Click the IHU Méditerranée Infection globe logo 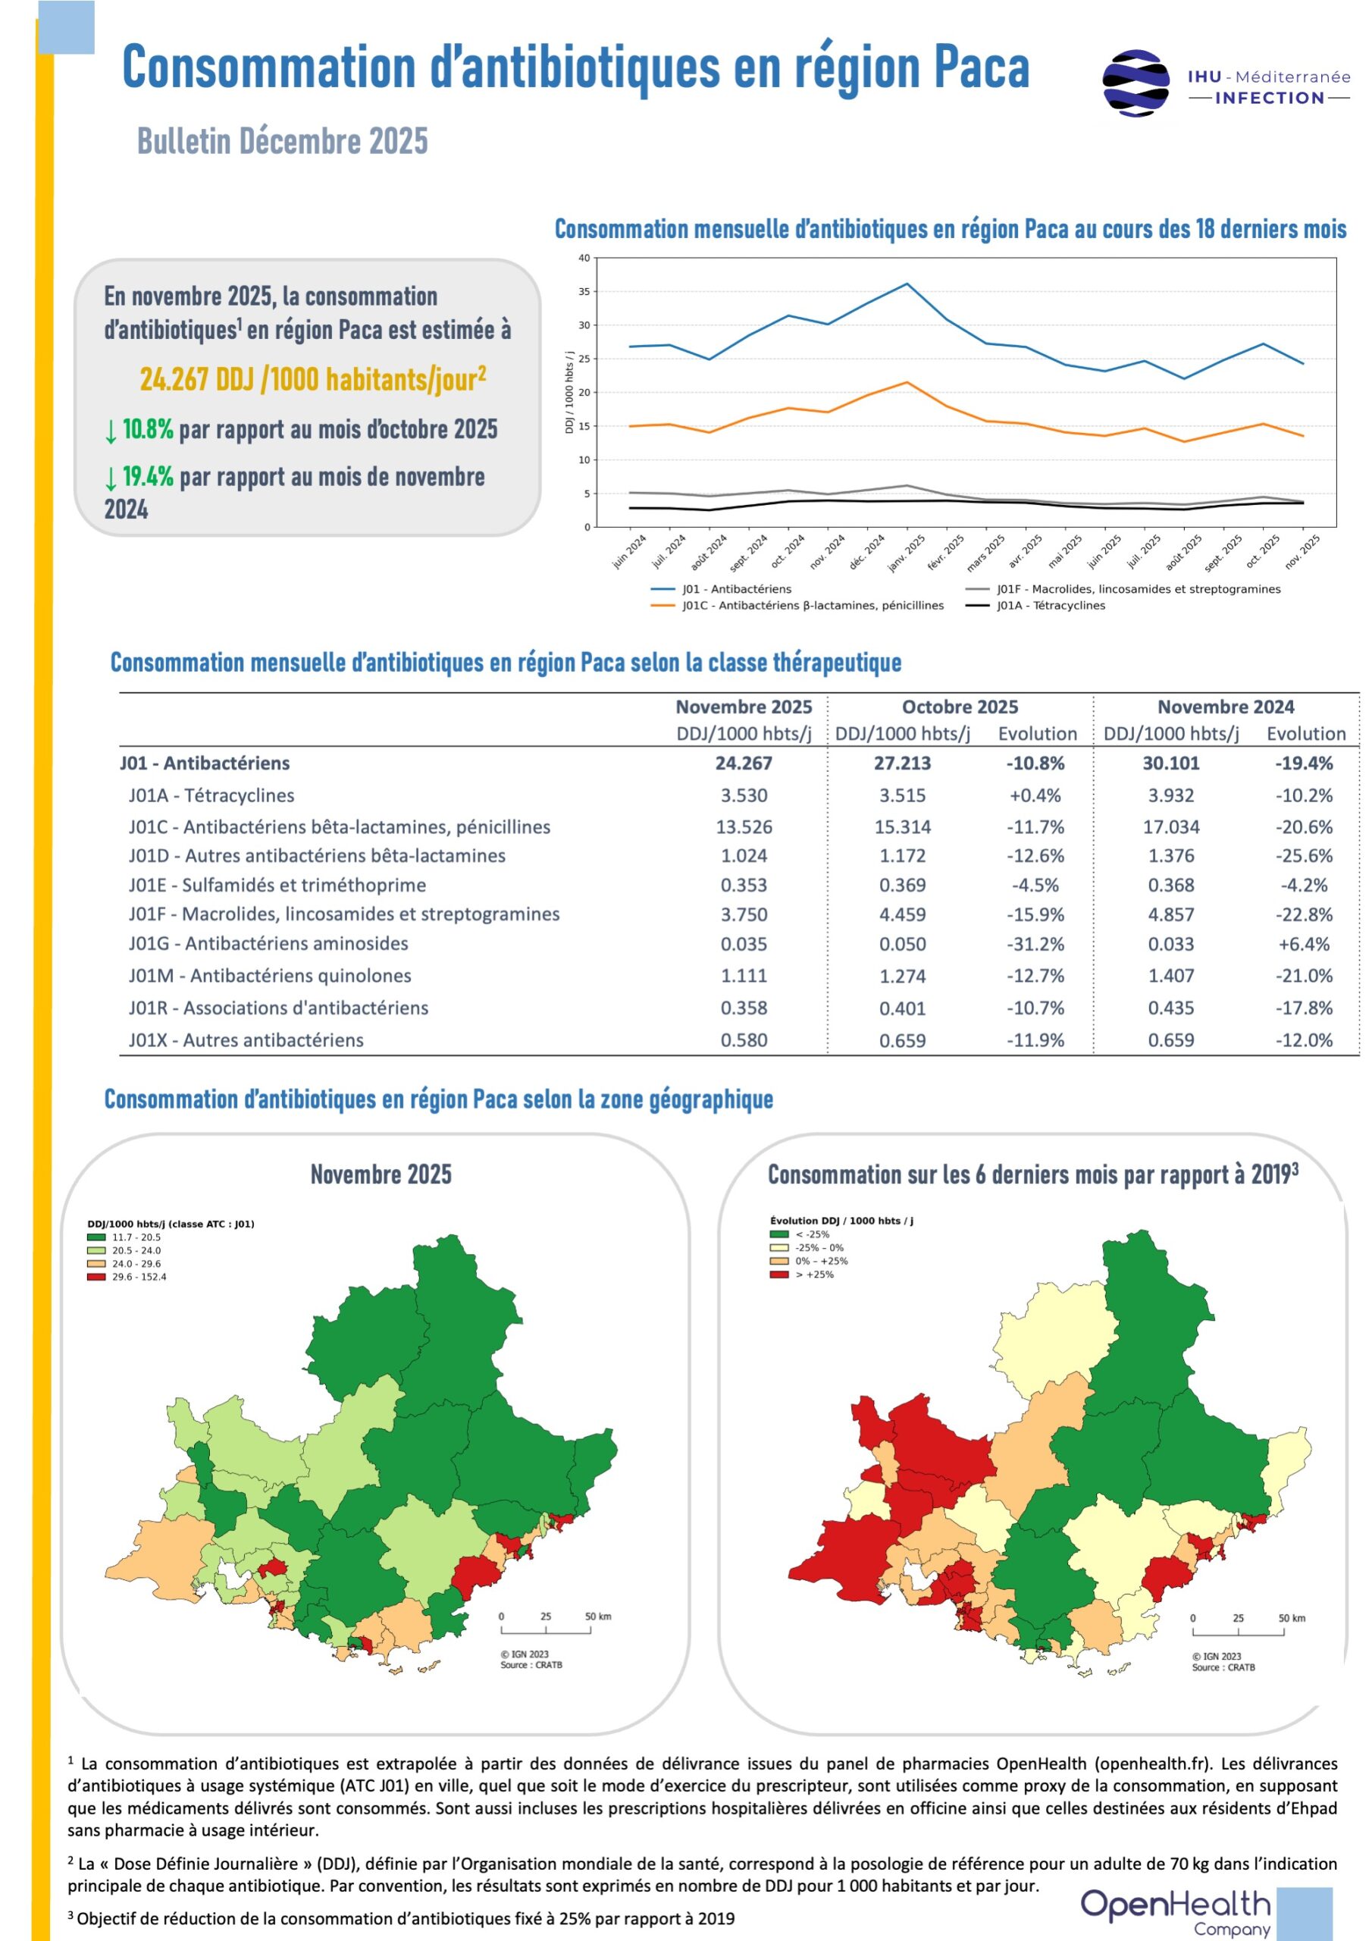(1136, 82)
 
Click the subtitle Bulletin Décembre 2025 (282, 141)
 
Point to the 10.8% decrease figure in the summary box (148, 429)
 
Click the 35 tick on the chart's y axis (584, 292)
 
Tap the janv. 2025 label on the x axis (907, 552)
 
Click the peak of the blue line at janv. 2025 (907, 284)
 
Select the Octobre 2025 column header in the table (960, 707)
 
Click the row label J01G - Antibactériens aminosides (269, 943)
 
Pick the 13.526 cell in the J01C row (744, 826)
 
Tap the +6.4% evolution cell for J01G (1304, 944)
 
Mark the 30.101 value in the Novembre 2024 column (1171, 764)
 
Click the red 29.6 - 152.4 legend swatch (96, 1277)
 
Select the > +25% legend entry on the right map (801, 1274)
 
